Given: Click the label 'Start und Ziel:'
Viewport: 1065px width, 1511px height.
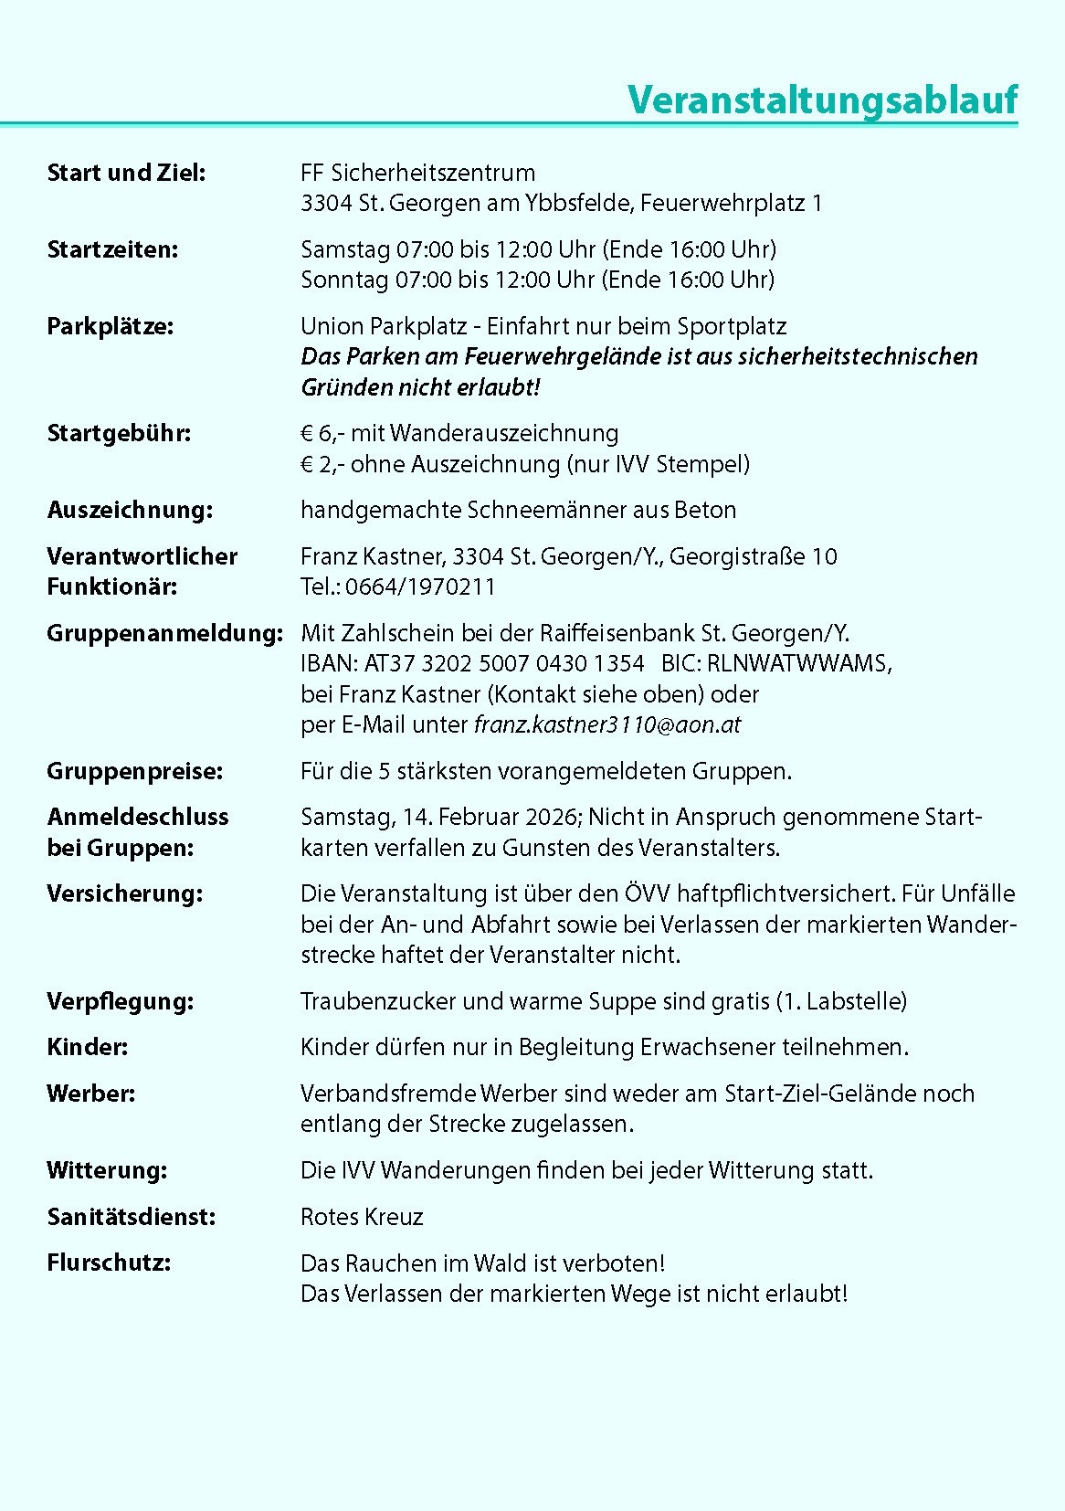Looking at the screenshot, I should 126,172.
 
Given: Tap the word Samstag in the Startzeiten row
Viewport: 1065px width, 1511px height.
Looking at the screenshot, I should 344,248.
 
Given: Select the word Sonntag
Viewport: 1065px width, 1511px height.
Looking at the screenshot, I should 344,280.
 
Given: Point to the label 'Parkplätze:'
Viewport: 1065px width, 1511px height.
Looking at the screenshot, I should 110,326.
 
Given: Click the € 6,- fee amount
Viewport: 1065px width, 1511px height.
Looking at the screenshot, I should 322,433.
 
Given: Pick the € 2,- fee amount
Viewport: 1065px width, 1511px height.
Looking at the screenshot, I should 322,464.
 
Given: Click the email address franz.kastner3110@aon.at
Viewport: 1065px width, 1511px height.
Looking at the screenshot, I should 607,725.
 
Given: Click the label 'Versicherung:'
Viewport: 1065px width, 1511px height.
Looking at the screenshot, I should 124,893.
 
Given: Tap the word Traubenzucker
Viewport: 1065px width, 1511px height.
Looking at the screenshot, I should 377,1001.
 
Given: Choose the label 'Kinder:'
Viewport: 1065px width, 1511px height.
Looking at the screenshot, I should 87,1047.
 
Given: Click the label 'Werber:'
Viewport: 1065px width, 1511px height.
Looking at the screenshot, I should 90,1094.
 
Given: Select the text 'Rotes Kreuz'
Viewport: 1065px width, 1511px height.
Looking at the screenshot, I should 362,1217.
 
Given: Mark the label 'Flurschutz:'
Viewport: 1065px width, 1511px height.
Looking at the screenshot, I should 109,1263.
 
